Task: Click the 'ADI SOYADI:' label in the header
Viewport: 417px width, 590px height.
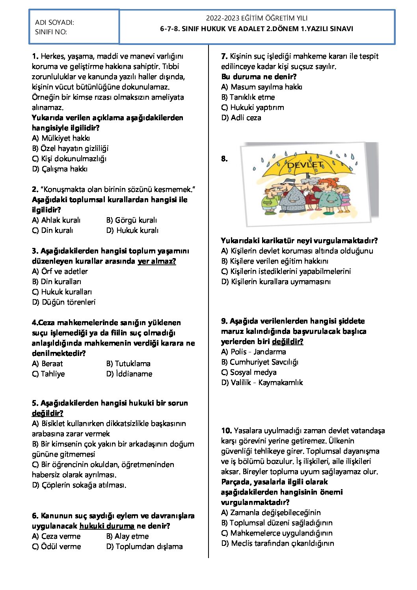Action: tap(54, 22)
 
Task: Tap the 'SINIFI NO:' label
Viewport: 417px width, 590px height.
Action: tap(51, 32)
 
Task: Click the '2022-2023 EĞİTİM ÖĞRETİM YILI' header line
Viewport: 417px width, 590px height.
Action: tap(257, 18)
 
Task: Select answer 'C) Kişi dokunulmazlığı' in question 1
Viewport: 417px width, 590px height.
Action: tap(69, 159)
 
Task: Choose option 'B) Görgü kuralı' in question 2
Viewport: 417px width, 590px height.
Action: tap(132, 220)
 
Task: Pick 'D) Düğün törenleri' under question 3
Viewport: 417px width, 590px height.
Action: tap(64, 302)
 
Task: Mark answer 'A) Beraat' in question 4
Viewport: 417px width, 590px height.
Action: tap(47, 364)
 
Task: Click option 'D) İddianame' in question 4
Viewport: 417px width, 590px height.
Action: tap(129, 374)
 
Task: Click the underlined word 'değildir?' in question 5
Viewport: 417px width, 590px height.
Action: tap(48, 413)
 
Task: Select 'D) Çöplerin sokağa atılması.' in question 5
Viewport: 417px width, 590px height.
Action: tap(79, 485)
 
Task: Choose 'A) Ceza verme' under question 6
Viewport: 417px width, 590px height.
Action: tap(56, 536)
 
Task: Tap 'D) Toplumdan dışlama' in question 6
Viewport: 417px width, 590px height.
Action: tap(145, 547)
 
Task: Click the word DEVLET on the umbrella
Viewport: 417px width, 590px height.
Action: tap(305, 165)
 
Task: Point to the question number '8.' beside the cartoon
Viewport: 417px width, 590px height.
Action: tap(224, 159)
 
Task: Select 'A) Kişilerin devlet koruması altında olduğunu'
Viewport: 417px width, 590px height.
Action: tap(297, 251)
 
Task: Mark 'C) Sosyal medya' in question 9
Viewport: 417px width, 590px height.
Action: tap(249, 372)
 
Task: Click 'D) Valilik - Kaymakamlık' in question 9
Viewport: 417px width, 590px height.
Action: tap(262, 383)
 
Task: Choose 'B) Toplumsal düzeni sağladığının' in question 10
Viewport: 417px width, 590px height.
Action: tap(277, 523)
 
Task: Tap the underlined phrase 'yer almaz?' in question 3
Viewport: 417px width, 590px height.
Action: tap(157, 261)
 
